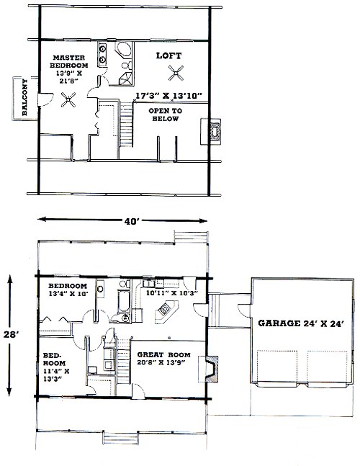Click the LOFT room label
pos(168,55)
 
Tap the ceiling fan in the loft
pos(176,73)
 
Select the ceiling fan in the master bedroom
pos(68,99)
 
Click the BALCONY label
pos(24,97)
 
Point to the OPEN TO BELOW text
pos(166,115)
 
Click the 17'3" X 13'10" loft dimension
pos(169,96)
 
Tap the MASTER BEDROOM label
pos(69,61)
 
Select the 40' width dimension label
pos(130,221)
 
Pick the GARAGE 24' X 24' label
pos(301,323)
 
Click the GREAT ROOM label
pos(163,355)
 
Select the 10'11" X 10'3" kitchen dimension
pos(172,292)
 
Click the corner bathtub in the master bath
pos(123,50)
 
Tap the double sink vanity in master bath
pos(103,54)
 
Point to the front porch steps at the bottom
pos(120,438)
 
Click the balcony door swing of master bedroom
pos(46,100)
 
